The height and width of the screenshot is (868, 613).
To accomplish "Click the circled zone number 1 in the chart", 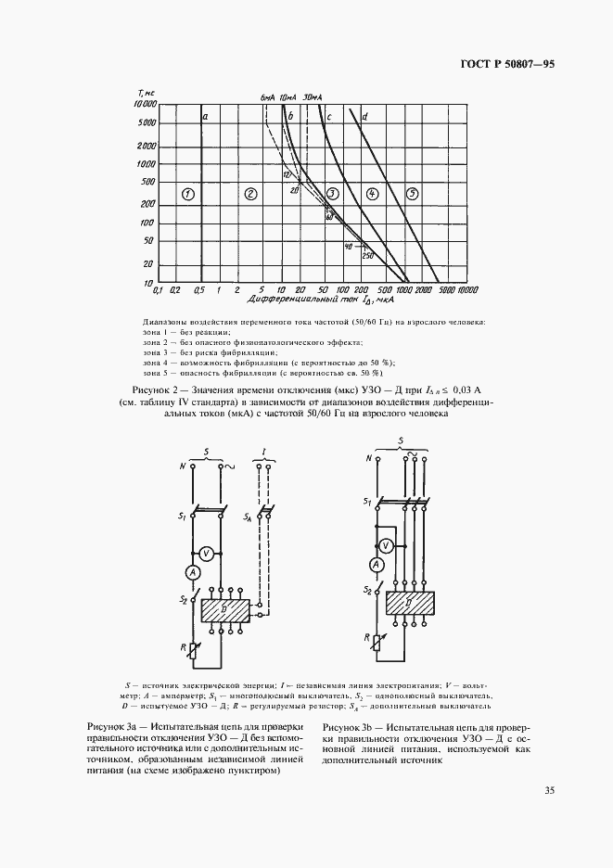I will (187, 194).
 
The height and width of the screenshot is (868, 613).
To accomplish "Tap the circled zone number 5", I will (413, 193).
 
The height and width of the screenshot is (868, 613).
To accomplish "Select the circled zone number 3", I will (332, 193).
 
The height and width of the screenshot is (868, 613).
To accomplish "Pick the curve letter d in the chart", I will (366, 117).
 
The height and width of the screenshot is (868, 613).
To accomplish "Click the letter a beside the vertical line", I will (205, 116).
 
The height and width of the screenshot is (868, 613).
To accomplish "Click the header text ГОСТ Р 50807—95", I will (507, 65).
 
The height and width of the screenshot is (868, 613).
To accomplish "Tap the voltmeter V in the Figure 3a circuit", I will (209, 554).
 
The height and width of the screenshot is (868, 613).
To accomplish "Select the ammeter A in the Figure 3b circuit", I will (377, 565).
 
